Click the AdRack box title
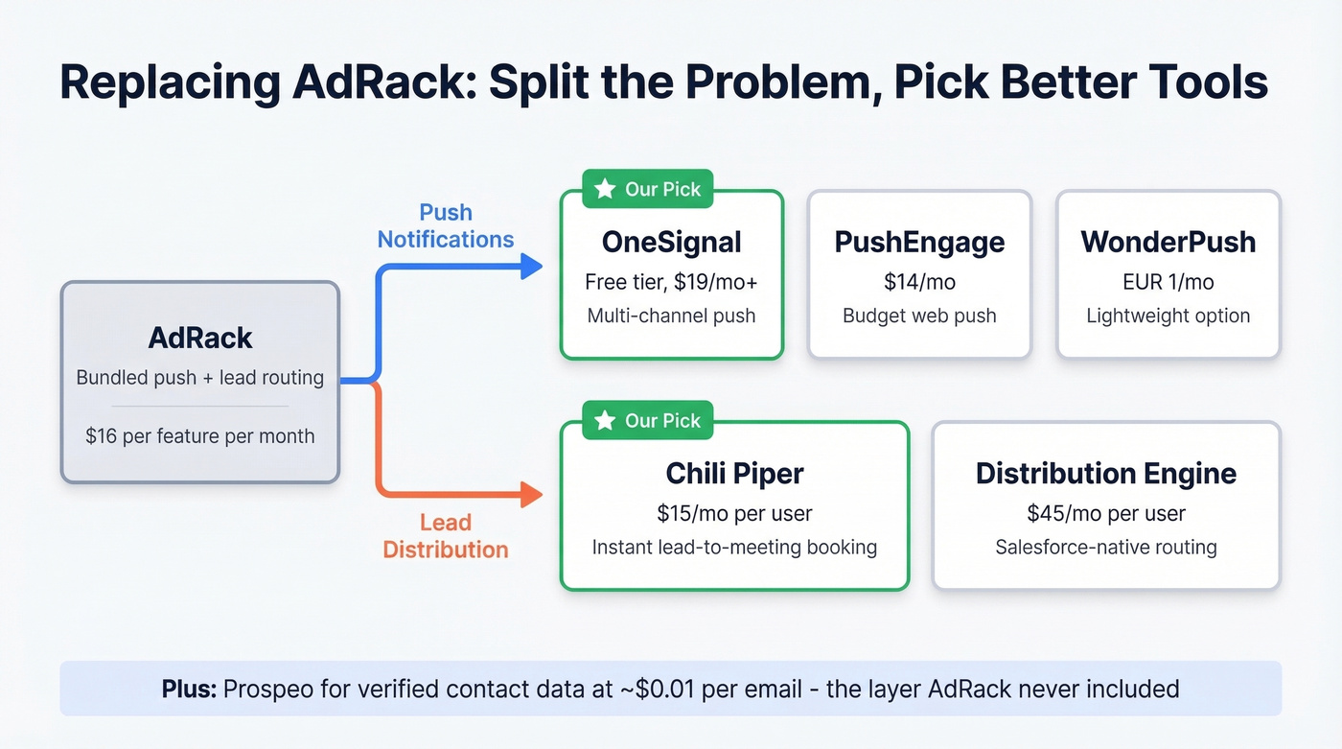click(x=200, y=338)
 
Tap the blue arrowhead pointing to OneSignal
click(x=532, y=266)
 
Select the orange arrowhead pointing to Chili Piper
click(x=532, y=495)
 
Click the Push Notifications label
click(x=446, y=226)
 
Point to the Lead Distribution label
click(x=446, y=536)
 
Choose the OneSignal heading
click(x=671, y=242)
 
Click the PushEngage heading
click(x=919, y=242)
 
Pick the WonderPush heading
click(x=1168, y=242)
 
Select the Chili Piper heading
click(x=734, y=473)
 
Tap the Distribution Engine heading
click(x=1105, y=473)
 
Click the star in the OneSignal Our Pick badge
click(x=605, y=189)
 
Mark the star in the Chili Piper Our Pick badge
click(x=605, y=420)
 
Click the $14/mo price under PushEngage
click(x=919, y=282)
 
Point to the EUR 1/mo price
click(x=1168, y=282)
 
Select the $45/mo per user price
click(x=1105, y=513)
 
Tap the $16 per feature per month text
click(x=199, y=435)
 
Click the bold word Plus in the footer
click(x=187, y=689)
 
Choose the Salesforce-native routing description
click(x=1105, y=548)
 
